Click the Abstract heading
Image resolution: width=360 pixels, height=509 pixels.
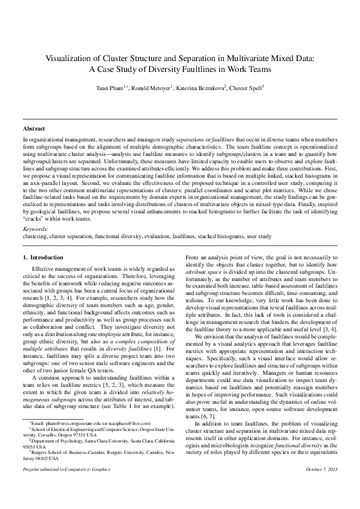pos(34,129)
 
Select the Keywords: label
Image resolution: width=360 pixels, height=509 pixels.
pos(35,229)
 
